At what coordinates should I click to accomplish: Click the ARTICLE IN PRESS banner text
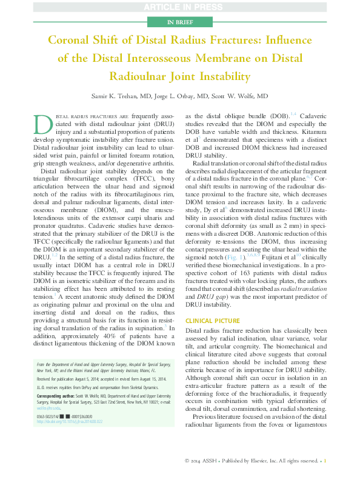click(x=179, y=7)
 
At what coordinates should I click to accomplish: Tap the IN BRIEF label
click(x=179, y=22)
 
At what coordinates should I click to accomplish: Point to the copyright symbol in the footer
click(x=187, y=461)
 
